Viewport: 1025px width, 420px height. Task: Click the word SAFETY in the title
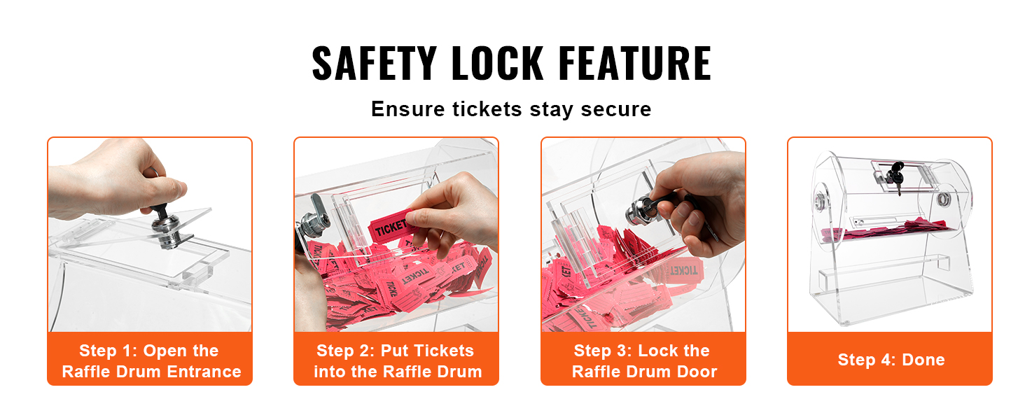click(x=375, y=63)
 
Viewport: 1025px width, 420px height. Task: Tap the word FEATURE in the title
click(x=635, y=63)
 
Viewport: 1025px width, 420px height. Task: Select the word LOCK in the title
click(x=497, y=63)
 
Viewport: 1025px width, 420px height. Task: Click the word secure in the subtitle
click(x=615, y=109)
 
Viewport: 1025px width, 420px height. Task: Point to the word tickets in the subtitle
click(x=487, y=109)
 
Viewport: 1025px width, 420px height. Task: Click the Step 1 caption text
click(x=151, y=361)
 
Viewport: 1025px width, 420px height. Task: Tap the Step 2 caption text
click(x=397, y=361)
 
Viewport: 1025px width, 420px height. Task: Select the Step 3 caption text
click(x=644, y=361)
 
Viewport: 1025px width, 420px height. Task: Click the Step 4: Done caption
click(x=891, y=360)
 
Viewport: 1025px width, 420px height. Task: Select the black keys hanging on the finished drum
click(x=895, y=176)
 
